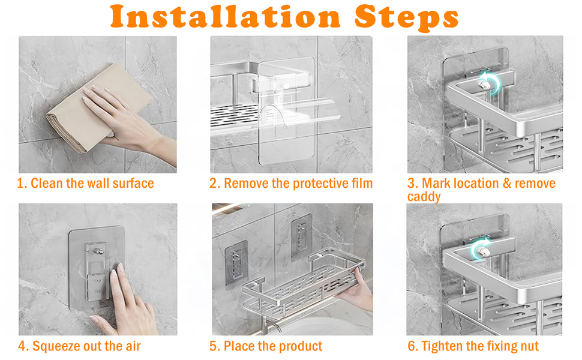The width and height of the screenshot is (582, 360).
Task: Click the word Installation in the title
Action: tap(226, 17)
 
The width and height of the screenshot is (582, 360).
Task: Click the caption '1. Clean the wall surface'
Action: tap(85, 184)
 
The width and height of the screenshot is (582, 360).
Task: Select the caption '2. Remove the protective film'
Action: tap(291, 184)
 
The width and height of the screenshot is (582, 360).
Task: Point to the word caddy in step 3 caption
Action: tap(424, 197)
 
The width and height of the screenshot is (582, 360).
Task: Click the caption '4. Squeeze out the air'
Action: tap(79, 346)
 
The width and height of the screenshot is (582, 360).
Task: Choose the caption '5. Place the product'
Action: tap(266, 346)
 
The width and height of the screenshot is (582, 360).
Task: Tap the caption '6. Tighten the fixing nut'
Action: tap(473, 346)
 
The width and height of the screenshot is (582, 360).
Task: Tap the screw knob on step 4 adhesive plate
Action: tap(99, 251)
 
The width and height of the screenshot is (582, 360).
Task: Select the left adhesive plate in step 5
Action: tap(236, 264)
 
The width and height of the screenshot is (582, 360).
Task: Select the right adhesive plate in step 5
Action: tap(301, 238)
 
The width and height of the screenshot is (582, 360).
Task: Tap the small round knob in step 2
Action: tap(286, 86)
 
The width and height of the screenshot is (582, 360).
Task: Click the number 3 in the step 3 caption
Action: tap(411, 184)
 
